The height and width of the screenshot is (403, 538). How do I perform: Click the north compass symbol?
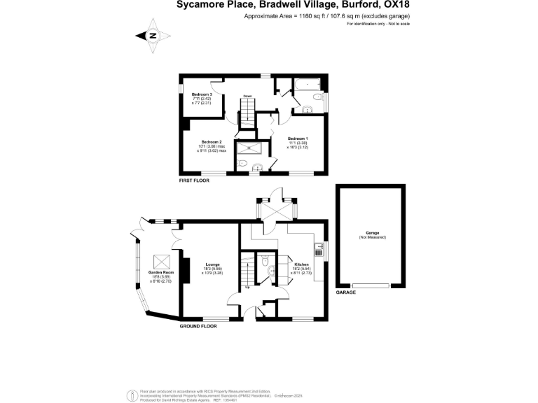point(154,36)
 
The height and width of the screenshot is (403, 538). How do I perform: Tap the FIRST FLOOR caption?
point(194,180)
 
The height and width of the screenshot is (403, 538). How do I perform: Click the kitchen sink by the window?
point(319,246)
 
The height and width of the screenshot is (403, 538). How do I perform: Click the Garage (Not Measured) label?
point(371,236)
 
